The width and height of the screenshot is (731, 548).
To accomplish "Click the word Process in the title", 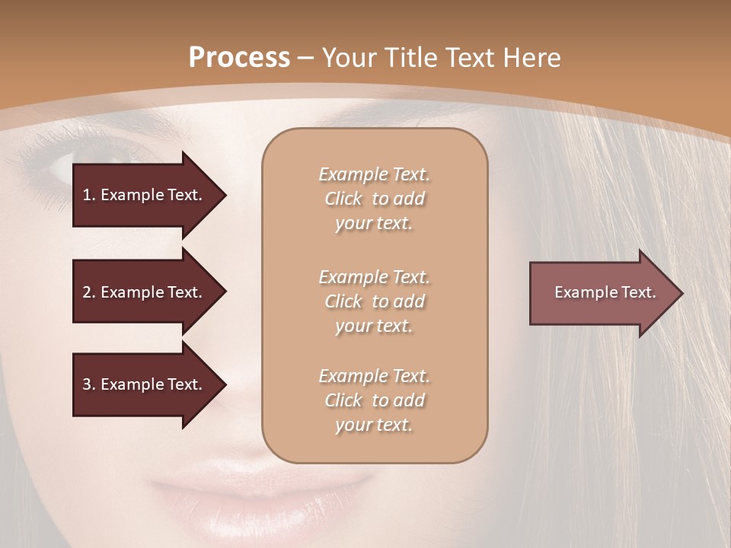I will point(239,58).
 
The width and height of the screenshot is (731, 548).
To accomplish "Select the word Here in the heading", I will point(532,58).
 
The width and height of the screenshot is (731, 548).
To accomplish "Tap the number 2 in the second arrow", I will point(87,292).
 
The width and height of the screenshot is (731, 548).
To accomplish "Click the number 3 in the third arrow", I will point(87,384).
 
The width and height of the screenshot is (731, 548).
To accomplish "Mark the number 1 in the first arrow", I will point(87,195).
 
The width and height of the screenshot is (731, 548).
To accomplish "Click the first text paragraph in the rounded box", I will point(374,199).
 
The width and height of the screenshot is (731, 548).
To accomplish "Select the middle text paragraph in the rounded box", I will point(374,301).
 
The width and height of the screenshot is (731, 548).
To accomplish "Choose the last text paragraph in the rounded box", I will point(374,400).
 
